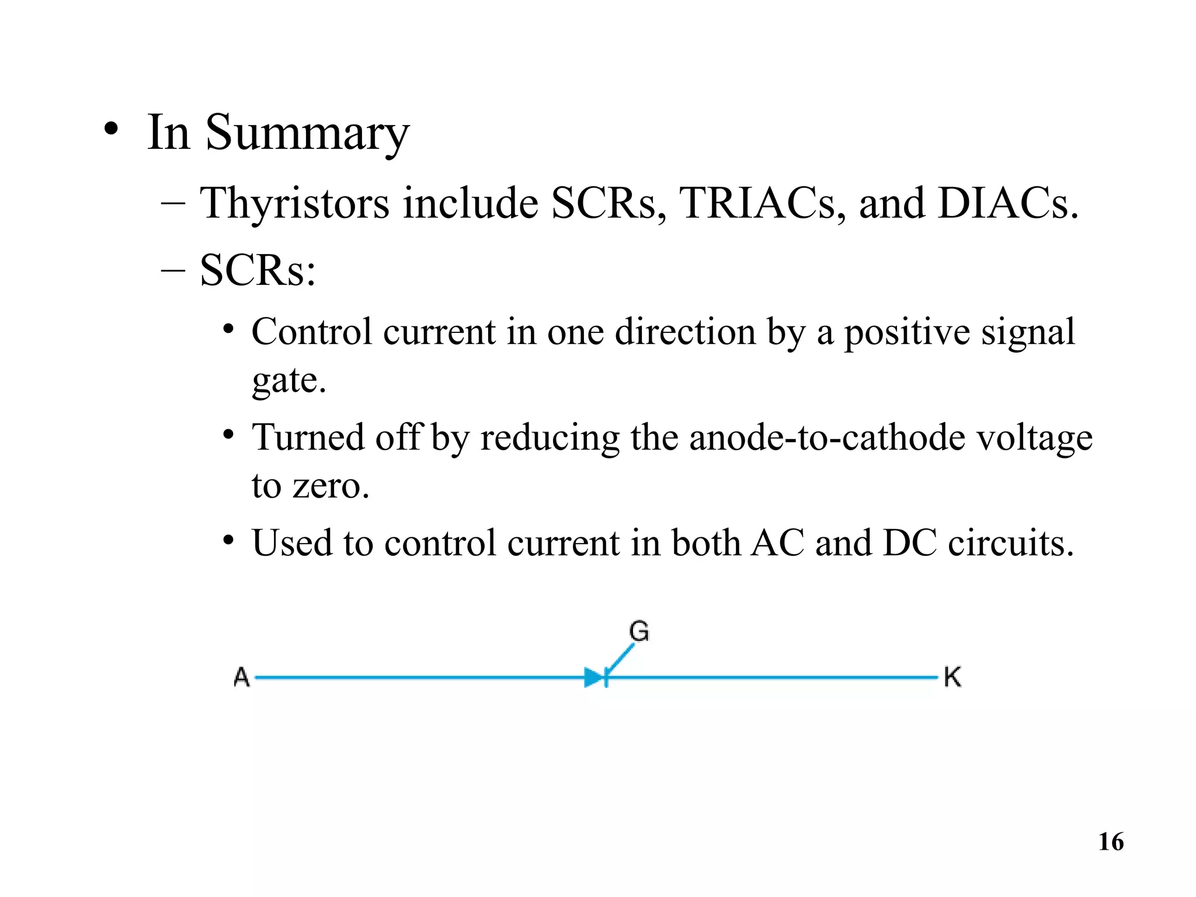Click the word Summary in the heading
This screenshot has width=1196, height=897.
(x=307, y=133)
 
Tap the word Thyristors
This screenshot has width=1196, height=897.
(x=294, y=203)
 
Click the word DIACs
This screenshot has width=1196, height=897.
(x=1007, y=203)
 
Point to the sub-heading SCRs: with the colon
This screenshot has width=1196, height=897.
(x=258, y=270)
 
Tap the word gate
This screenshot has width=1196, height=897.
(x=288, y=381)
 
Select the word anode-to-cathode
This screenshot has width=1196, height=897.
(x=827, y=437)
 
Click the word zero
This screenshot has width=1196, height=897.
(x=331, y=485)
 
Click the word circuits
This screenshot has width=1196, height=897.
(x=1010, y=543)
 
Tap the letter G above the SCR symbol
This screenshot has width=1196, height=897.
(x=639, y=631)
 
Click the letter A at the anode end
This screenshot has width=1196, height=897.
(x=242, y=677)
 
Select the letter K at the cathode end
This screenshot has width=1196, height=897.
(x=952, y=677)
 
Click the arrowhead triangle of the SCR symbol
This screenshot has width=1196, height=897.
(x=594, y=678)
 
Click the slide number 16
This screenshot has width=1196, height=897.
(x=1111, y=842)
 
